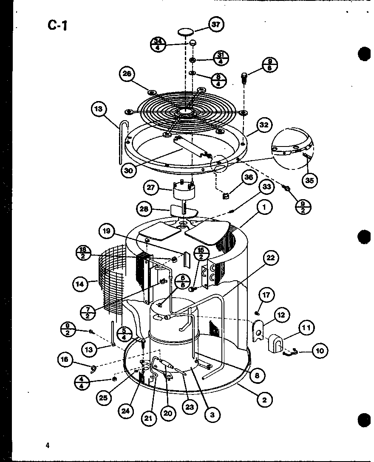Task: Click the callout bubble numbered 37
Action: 216,24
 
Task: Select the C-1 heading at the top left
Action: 57,25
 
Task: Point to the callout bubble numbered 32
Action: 264,125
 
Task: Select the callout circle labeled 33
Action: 266,186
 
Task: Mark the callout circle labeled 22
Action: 270,257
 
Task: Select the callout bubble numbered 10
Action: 320,351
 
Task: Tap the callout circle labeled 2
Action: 264,399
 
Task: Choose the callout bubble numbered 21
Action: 148,418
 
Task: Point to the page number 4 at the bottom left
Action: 48,445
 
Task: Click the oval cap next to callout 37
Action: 186,32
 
